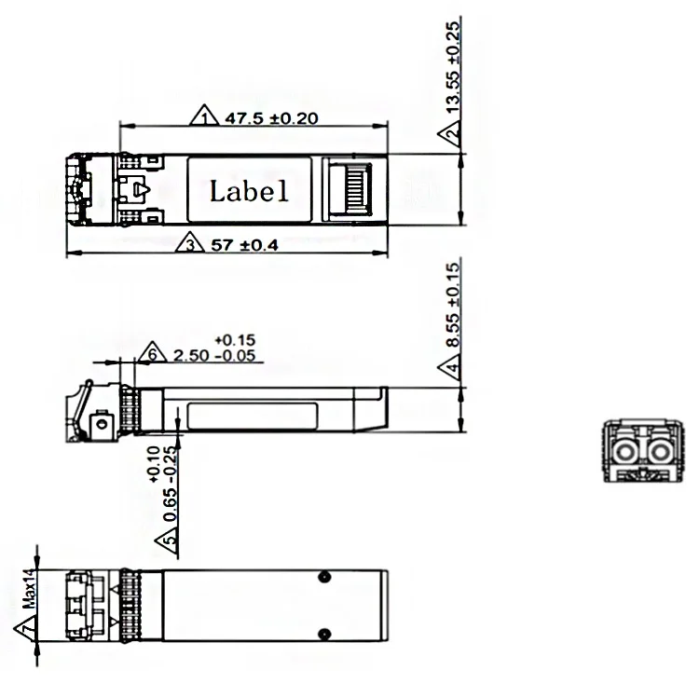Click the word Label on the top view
(249, 192)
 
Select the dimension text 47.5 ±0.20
(267, 117)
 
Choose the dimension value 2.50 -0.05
(218, 355)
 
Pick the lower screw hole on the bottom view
(322, 636)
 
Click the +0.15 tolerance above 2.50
(235, 339)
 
